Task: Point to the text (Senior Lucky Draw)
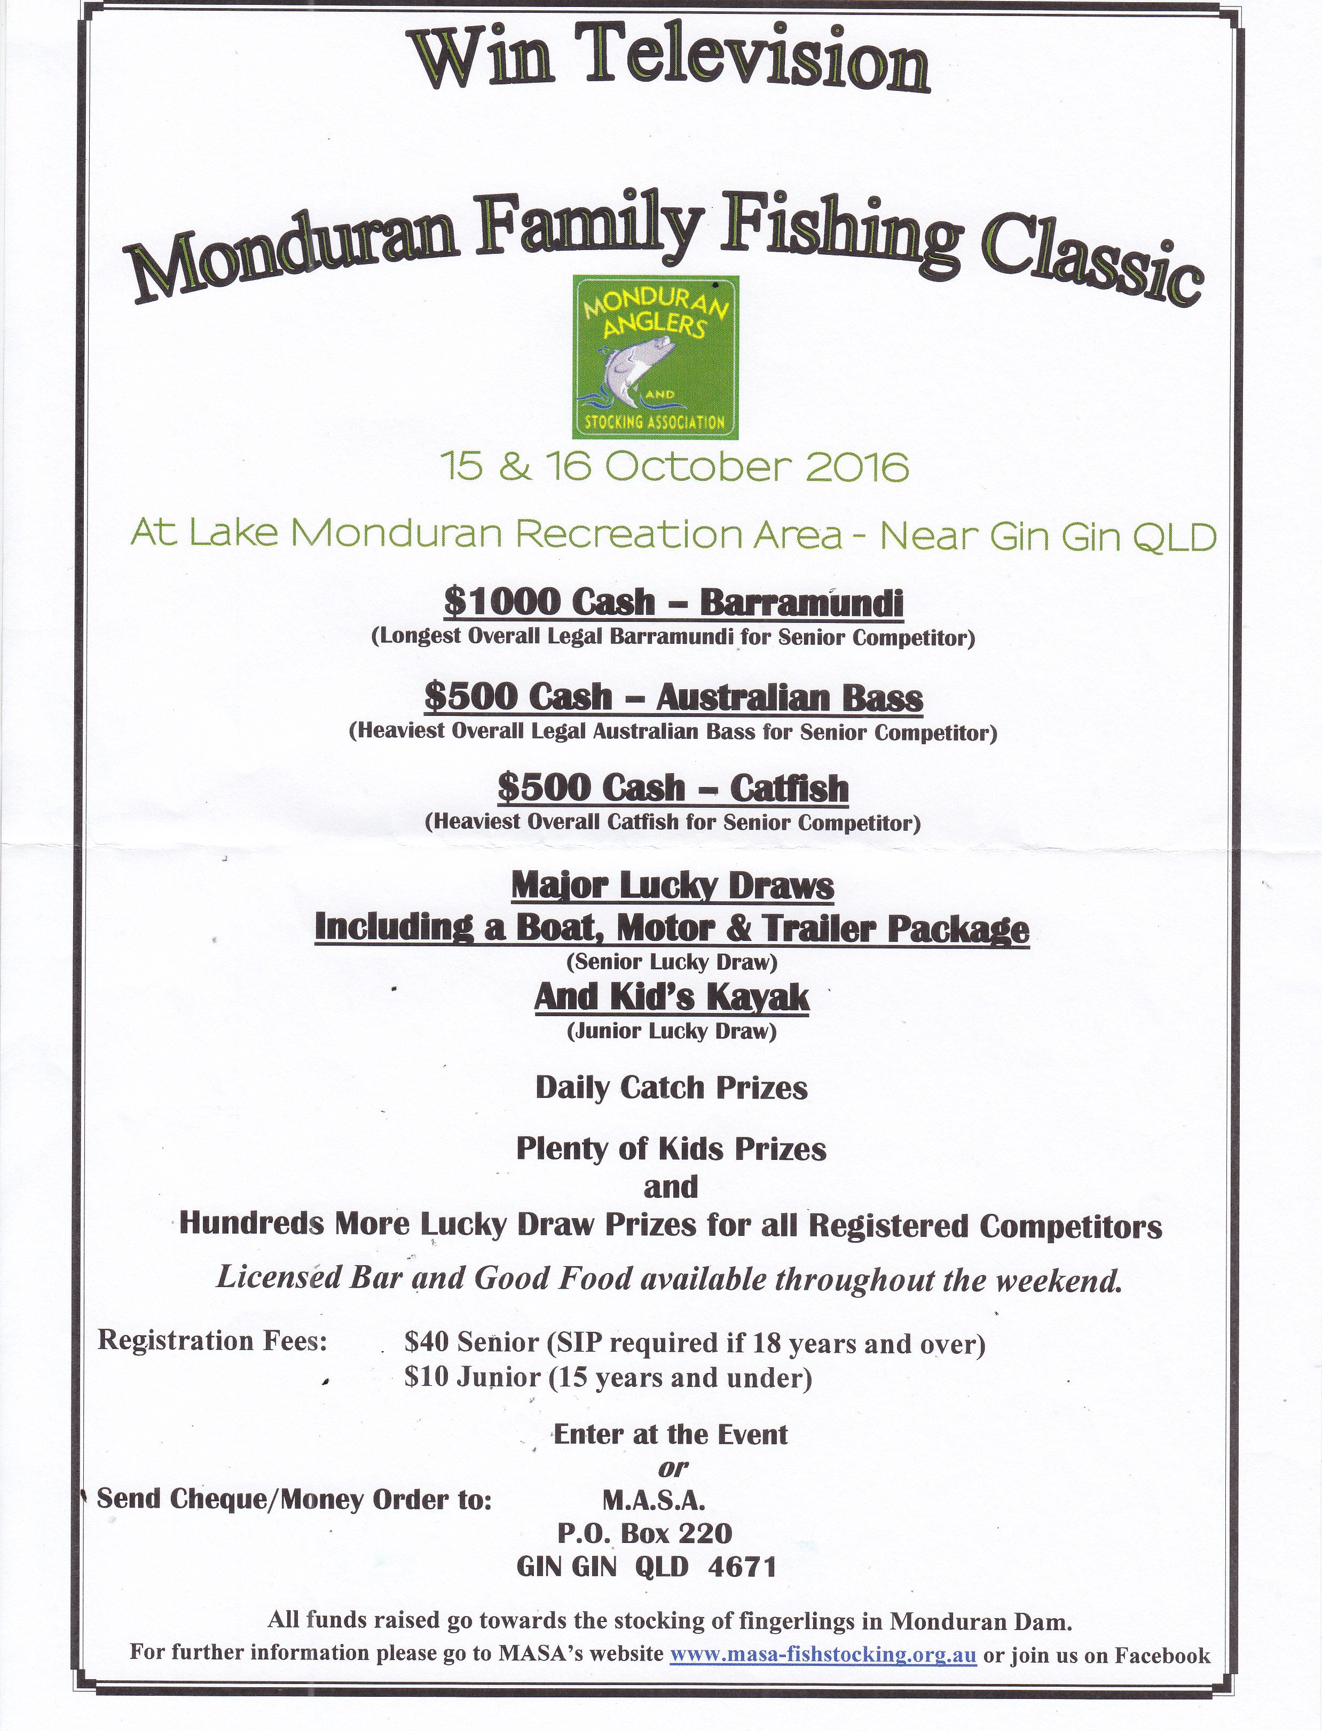pyautogui.click(x=671, y=962)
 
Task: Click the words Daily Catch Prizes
pyautogui.click(x=671, y=1088)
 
